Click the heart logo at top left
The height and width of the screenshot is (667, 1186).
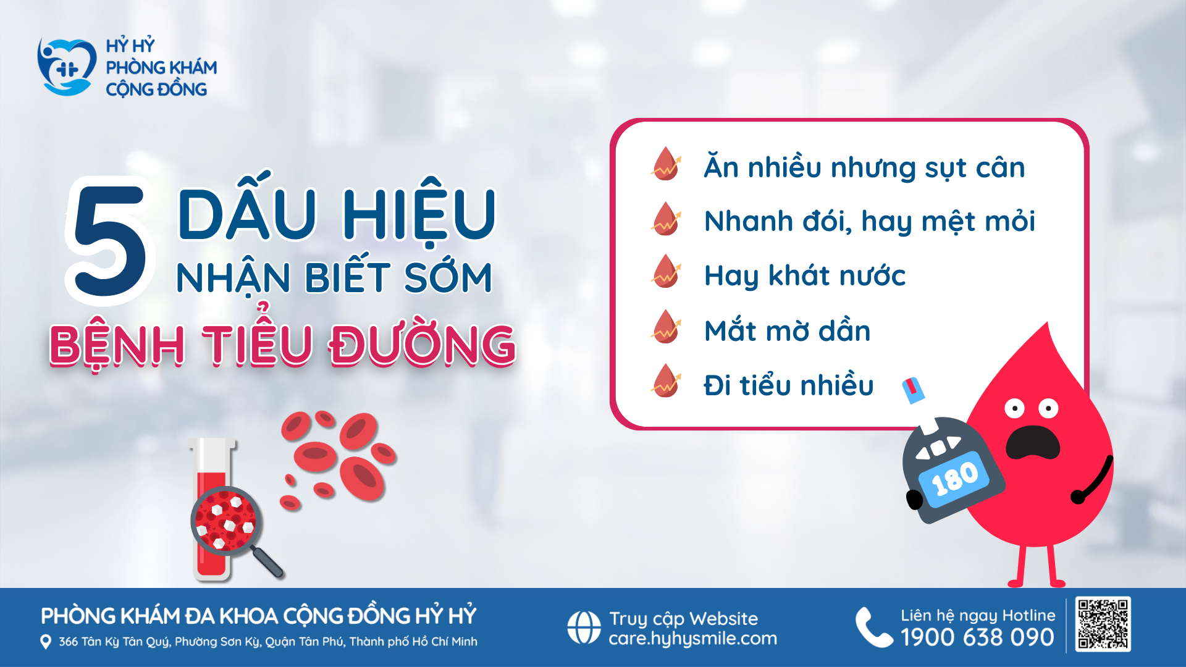(66, 67)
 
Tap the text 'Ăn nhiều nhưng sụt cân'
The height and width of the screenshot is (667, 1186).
(864, 167)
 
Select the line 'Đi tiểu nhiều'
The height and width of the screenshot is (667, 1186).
(788, 385)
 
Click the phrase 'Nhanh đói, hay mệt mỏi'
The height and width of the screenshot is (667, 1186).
(869, 221)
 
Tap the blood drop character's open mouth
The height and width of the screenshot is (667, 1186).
(1032, 442)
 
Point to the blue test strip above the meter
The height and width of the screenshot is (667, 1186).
(912, 390)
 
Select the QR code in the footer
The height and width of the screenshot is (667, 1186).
(1103, 624)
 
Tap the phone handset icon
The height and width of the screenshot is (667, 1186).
(873, 627)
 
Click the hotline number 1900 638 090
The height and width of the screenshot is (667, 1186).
(977, 637)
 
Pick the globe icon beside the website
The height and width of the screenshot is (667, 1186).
(584, 627)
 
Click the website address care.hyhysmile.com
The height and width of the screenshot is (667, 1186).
(692, 639)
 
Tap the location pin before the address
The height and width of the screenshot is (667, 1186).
(45, 642)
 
